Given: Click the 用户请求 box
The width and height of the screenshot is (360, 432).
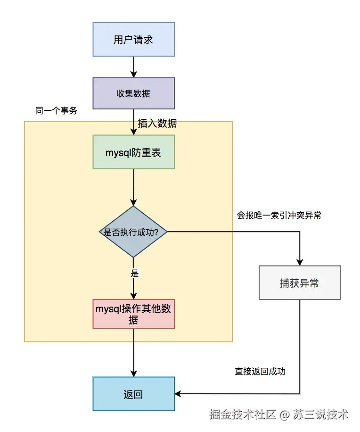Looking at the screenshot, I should click(x=133, y=39).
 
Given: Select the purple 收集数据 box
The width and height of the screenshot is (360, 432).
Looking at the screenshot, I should click(x=133, y=93).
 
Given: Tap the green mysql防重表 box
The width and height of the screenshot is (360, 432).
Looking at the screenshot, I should click(x=133, y=152).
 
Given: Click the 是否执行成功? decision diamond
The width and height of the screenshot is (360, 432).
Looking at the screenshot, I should click(x=133, y=232).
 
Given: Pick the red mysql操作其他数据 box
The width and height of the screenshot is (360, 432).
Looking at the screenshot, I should click(x=134, y=314).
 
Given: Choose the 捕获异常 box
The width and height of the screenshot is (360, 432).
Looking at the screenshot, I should click(x=299, y=283).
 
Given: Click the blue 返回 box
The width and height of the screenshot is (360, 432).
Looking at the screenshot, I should click(x=133, y=394).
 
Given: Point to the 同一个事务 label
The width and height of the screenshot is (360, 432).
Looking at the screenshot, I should click(x=56, y=111).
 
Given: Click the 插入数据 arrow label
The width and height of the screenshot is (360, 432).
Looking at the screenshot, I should click(x=157, y=124).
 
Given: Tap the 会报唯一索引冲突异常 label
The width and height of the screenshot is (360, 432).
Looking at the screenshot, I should click(x=279, y=216).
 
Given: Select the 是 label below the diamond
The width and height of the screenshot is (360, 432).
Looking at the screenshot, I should click(x=134, y=273).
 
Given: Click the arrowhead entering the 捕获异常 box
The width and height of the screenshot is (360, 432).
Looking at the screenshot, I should click(x=300, y=263).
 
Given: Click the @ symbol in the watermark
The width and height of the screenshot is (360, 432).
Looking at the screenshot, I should click(x=284, y=415).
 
